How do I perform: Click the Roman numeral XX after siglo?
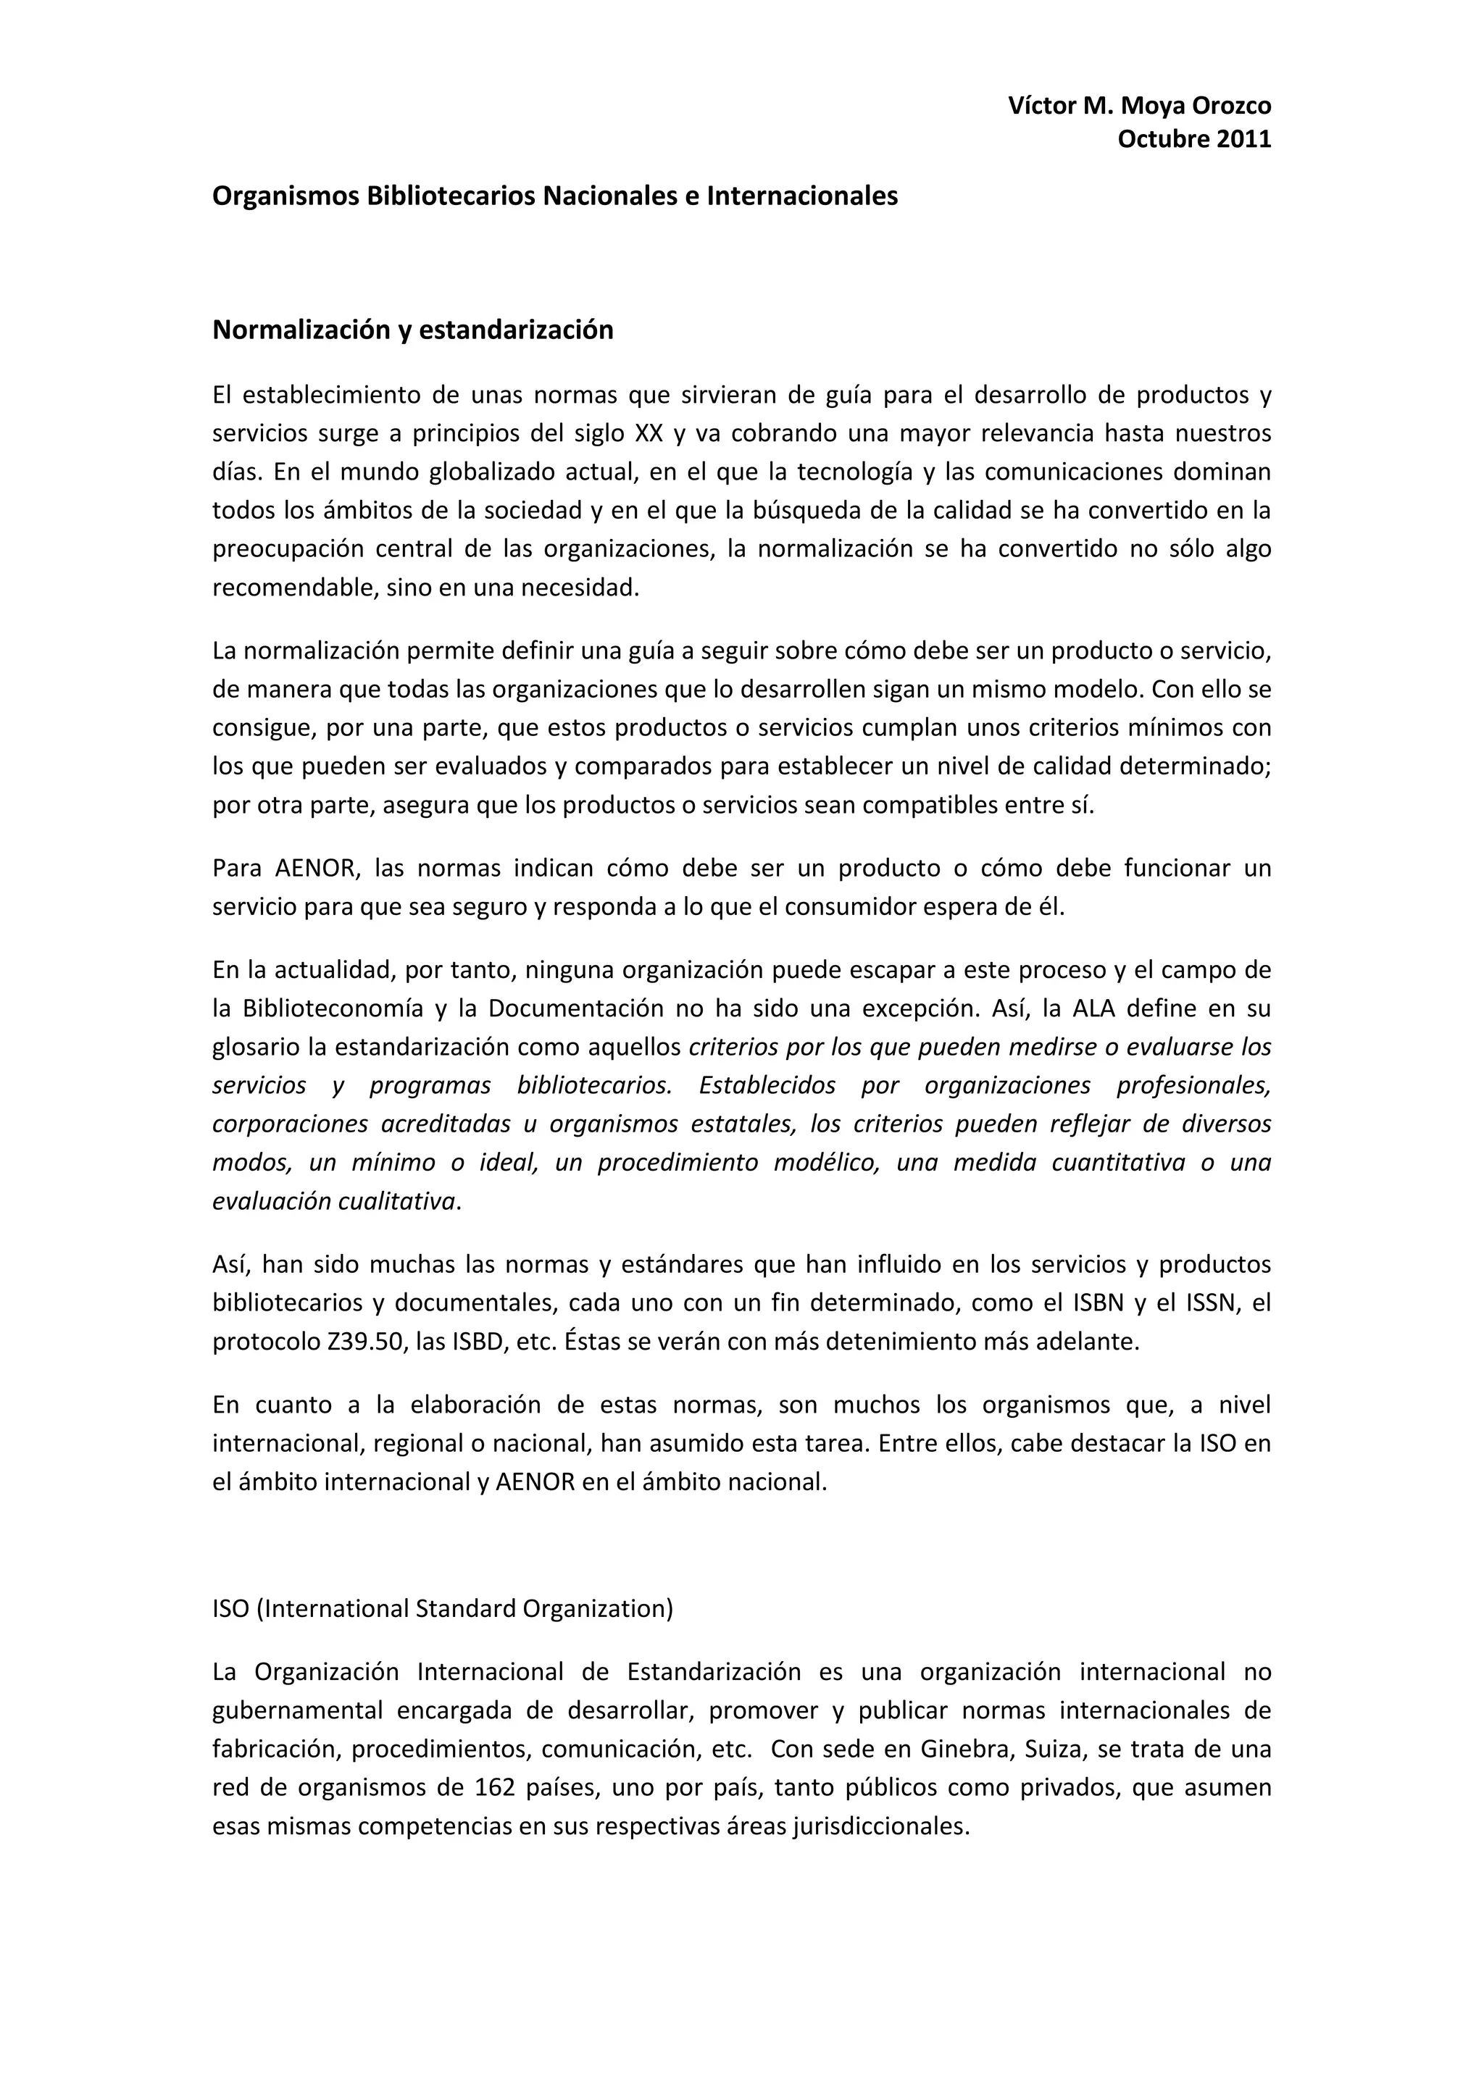649,432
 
